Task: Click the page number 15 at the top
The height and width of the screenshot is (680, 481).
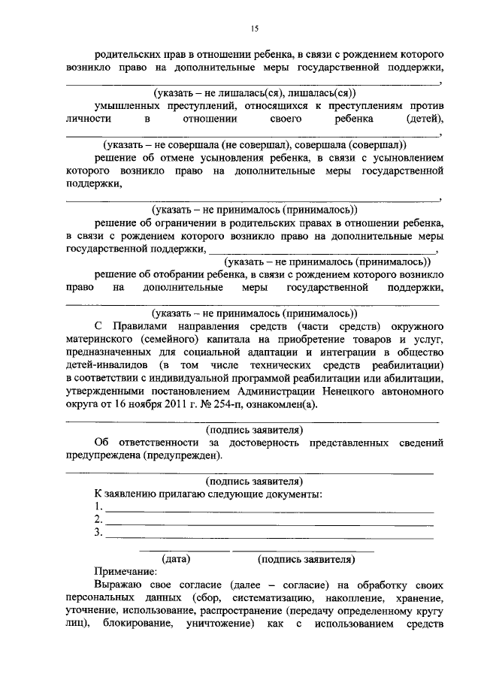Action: point(254,28)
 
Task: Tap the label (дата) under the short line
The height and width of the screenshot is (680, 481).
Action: point(176,560)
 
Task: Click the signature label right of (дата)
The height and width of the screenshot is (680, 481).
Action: point(304,560)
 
